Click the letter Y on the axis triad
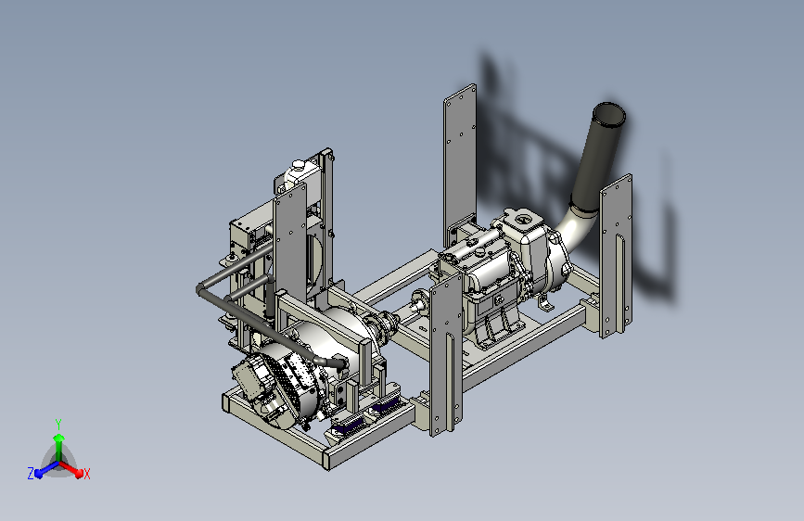pos(58,424)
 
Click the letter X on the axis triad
pos(86,474)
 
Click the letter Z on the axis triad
pos(31,474)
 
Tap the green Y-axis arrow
pos(59,448)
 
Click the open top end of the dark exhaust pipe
pos(608,114)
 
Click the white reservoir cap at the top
pos(298,165)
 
